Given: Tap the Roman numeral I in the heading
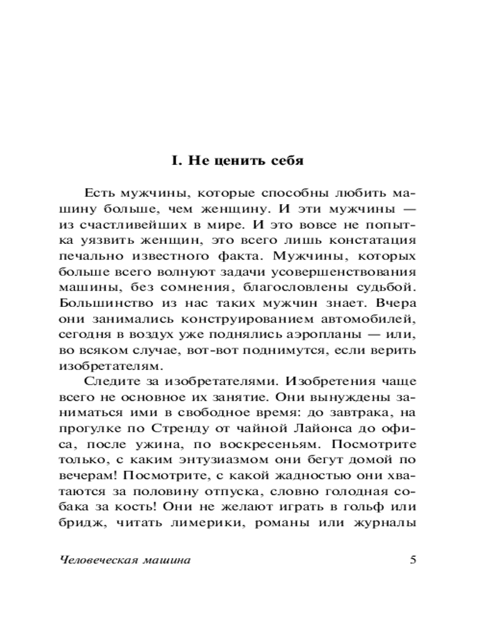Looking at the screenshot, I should (x=176, y=161).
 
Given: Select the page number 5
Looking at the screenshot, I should (x=412, y=560).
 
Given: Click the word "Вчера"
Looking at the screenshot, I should (x=397, y=304).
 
